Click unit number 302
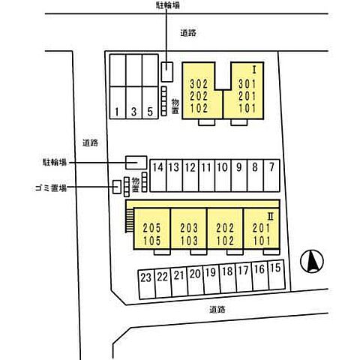point(199,84)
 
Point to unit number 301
point(247,84)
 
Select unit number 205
point(151,228)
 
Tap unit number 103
point(189,241)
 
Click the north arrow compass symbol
point(312,261)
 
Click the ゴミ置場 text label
point(51,188)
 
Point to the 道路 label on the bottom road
point(217,310)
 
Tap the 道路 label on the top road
point(188,33)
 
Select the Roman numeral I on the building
point(254,70)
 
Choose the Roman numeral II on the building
point(271,217)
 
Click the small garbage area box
point(117,187)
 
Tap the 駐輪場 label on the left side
point(55,163)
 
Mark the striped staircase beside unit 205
point(130,220)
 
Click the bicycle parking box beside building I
point(167,72)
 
